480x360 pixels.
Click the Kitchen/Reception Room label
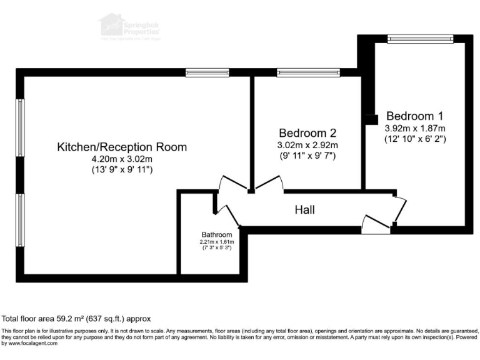(122, 147)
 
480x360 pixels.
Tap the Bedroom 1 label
(414, 116)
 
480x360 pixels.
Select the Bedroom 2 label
(307, 133)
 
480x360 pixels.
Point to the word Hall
(304, 210)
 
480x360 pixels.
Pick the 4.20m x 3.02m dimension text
(122, 159)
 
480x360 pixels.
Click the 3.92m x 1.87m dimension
(414, 128)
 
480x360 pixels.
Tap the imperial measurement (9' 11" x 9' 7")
(307, 156)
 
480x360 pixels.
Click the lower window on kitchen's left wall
(21, 219)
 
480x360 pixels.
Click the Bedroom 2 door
(269, 183)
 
